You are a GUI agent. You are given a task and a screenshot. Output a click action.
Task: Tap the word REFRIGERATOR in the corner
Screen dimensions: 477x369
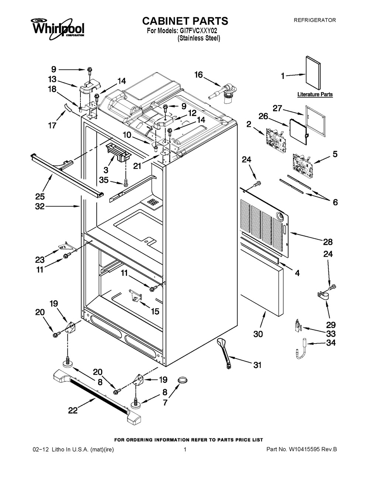314,20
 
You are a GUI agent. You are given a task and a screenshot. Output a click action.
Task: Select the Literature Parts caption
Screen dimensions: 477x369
315,94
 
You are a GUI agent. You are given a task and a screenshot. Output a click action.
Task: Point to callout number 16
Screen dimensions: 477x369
199,75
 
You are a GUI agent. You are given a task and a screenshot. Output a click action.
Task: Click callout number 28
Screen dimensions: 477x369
328,242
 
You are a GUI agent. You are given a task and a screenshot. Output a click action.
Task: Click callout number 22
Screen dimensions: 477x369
73,410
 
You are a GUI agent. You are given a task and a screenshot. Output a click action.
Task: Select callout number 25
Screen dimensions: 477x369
40,196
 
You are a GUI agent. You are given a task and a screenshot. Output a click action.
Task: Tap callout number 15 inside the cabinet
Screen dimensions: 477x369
155,311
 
